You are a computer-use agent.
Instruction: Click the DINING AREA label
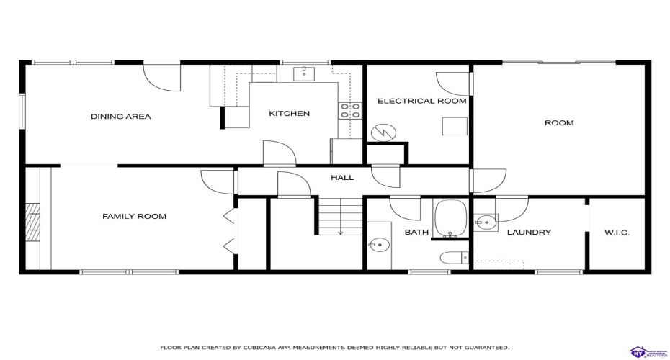(x=120, y=117)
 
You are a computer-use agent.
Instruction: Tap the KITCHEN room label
(x=289, y=114)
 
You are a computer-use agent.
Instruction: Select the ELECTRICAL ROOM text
(x=421, y=102)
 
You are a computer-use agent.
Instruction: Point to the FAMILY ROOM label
(x=134, y=216)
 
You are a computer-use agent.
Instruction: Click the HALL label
(x=342, y=177)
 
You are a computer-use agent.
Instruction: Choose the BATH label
(x=416, y=233)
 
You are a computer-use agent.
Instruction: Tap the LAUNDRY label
(x=529, y=233)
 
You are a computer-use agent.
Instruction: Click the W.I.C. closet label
(x=617, y=233)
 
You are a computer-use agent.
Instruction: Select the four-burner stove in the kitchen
(x=350, y=111)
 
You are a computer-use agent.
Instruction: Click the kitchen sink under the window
(x=305, y=73)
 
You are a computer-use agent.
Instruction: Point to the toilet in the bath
(x=452, y=258)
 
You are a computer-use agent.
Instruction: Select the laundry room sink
(x=486, y=222)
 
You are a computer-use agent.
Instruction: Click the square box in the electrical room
(x=453, y=125)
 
